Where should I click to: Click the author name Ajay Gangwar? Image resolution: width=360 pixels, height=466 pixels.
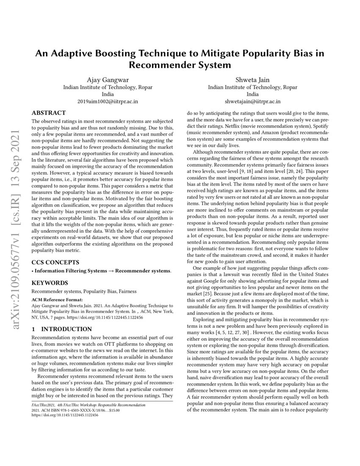point(108,79)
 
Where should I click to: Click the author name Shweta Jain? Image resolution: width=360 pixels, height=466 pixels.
point(252,79)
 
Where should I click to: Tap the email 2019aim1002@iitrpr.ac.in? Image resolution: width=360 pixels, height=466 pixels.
point(108,102)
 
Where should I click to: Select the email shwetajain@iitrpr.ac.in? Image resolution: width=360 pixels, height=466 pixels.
point(252,102)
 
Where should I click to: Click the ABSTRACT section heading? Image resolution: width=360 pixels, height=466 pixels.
point(49,113)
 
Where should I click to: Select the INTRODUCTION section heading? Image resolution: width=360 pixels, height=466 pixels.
point(68,329)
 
